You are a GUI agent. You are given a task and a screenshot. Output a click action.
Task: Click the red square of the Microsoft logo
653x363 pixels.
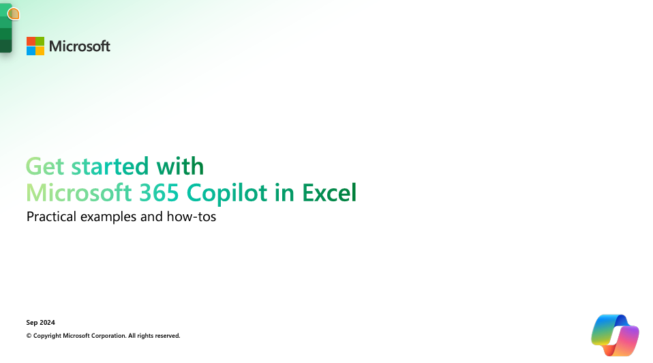coord(31,41)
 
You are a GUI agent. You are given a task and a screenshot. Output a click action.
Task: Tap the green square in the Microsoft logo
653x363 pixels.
coord(40,41)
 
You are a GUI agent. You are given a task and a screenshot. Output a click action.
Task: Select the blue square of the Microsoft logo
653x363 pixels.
coord(31,50)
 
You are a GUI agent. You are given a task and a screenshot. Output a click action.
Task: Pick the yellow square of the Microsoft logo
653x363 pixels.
coord(40,50)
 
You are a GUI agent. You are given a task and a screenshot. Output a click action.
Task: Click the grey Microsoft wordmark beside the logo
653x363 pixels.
coord(80,46)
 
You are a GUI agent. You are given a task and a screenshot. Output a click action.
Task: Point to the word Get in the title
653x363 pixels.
coord(45,166)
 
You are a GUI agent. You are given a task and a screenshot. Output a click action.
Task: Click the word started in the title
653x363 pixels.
coord(110,166)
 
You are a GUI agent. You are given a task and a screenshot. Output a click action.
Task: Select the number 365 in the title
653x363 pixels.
coord(159,192)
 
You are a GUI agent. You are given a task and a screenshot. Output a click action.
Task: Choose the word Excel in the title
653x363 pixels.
coord(329,192)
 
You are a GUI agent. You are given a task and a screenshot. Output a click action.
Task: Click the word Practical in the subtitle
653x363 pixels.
coord(51,217)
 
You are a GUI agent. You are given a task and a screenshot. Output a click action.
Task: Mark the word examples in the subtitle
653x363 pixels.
coord(108,217)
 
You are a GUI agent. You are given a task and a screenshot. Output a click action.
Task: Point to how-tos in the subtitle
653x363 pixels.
coord(191,217)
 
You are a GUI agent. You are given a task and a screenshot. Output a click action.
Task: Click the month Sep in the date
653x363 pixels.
coord(32,323)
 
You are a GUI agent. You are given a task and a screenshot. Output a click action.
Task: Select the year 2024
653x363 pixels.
coord(48,323)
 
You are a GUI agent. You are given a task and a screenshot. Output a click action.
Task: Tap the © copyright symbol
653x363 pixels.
coord(29,336)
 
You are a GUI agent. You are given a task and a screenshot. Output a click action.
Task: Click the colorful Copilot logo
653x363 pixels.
coord(615,335)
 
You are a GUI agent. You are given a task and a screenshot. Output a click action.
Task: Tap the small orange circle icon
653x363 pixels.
coord(14,14)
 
